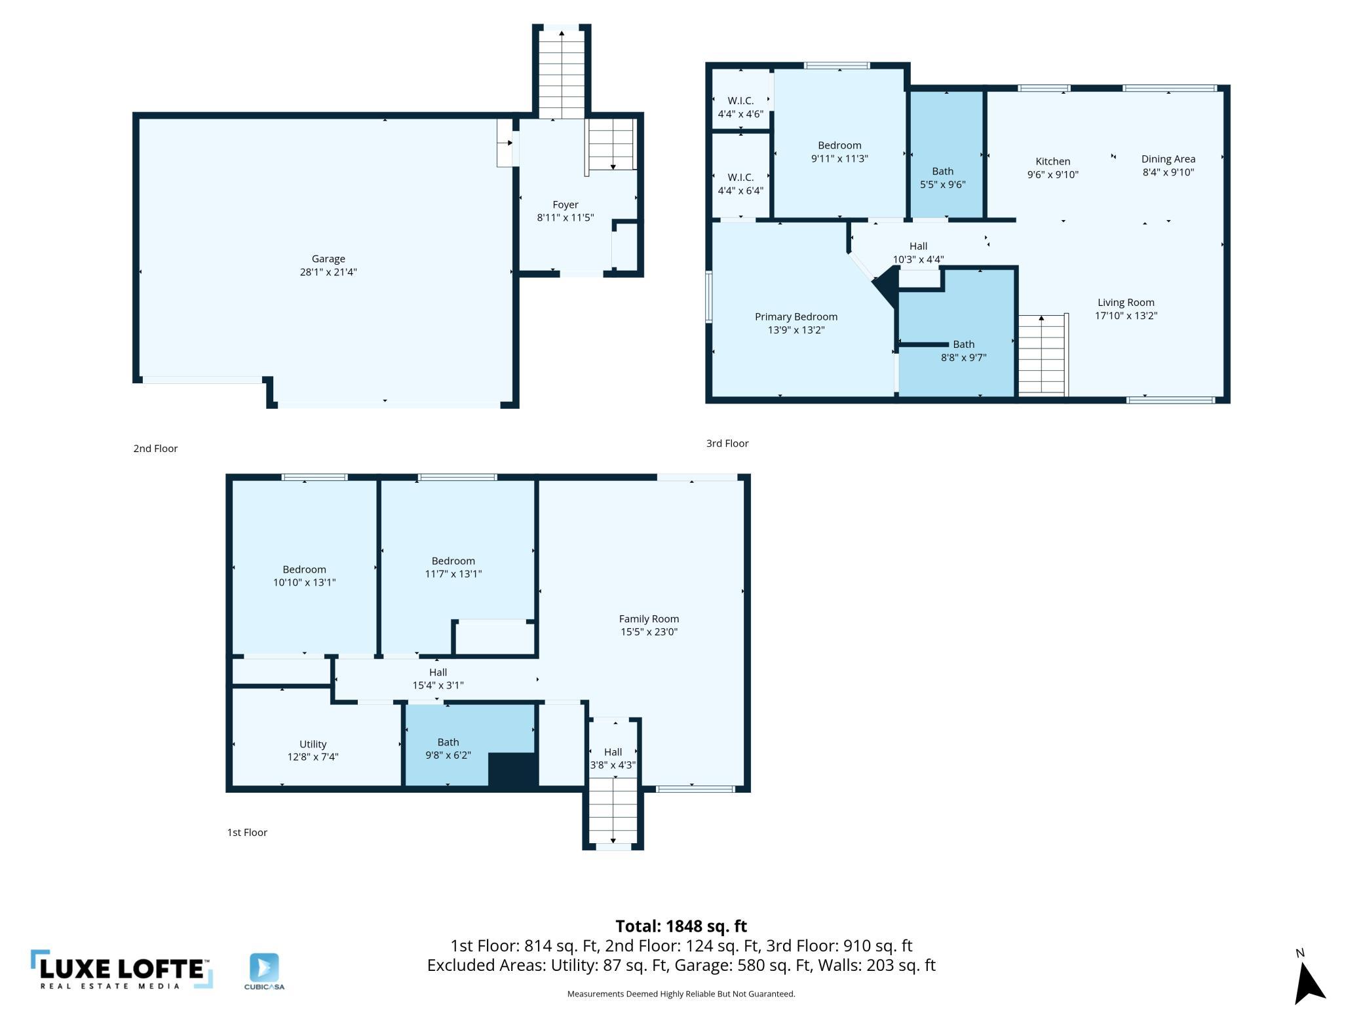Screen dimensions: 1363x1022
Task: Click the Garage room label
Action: [328, 259]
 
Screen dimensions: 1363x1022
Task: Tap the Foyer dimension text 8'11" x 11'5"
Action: [565, 218]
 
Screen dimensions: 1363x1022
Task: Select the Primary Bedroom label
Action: [796, 317]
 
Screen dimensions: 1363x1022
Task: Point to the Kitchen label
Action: [1052, 161]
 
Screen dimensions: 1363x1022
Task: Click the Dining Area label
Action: [1168, 159]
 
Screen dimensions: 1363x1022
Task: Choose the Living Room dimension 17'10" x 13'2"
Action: [1126, 316]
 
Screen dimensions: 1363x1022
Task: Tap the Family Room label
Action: [649, 619]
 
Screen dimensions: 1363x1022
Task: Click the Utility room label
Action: [313, 744]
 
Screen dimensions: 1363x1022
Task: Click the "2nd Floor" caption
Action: [155, 449]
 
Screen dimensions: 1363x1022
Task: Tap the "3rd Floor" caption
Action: [727, 444]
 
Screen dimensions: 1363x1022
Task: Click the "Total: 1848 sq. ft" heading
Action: [681, 926]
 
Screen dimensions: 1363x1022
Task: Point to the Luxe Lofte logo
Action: [121, 970]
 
